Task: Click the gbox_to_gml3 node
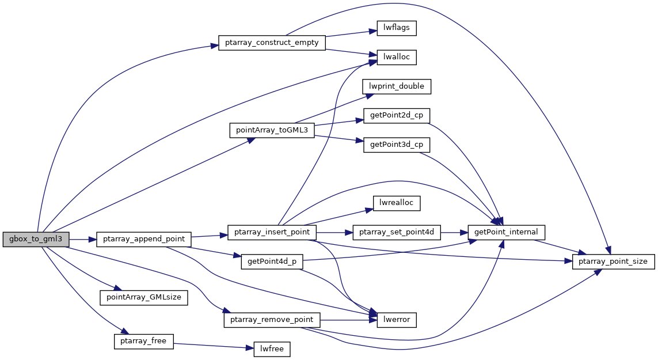coord(36,239)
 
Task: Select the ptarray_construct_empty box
coord(272,43)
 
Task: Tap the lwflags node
coord(396,28)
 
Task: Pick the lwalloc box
coord(396,58)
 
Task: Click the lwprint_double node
coord(396,86)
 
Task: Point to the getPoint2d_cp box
coord(397,115)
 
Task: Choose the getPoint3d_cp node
coord(397,145)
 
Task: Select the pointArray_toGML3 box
coord(272,130)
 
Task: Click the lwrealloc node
coord(397,203)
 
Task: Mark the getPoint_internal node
coord(506,232)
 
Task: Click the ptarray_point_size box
coord(613,262)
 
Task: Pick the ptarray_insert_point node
coord(272,232)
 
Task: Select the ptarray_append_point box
coord(143,239)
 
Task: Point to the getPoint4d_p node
coord(272,262)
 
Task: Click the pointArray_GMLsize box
coord(144,297)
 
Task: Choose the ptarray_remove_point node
coord(272,319)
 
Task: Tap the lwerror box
coord(396,319)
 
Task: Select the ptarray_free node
coord(143,341)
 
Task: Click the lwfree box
coord(272,348)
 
